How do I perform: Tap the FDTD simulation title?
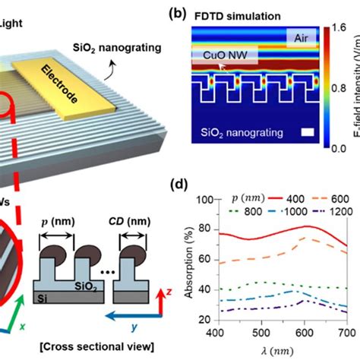point(238,14)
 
